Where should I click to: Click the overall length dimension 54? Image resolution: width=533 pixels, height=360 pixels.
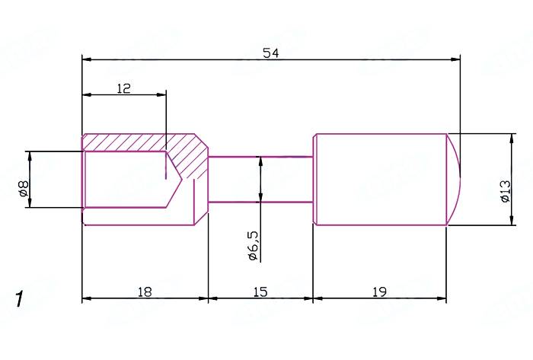(270, 53)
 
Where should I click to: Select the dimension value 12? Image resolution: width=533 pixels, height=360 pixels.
(124, 88)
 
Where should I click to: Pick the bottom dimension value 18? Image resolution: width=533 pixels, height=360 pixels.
(145, 292)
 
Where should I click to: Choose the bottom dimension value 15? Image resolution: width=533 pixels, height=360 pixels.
(260, 292)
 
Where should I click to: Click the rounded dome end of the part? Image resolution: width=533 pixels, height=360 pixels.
(454, 179)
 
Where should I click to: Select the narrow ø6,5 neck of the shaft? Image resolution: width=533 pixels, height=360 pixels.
(260, 180)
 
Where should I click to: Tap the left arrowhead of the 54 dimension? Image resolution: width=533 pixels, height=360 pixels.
(86, 59)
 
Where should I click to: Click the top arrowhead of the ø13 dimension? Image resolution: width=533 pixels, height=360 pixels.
(509, 138)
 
